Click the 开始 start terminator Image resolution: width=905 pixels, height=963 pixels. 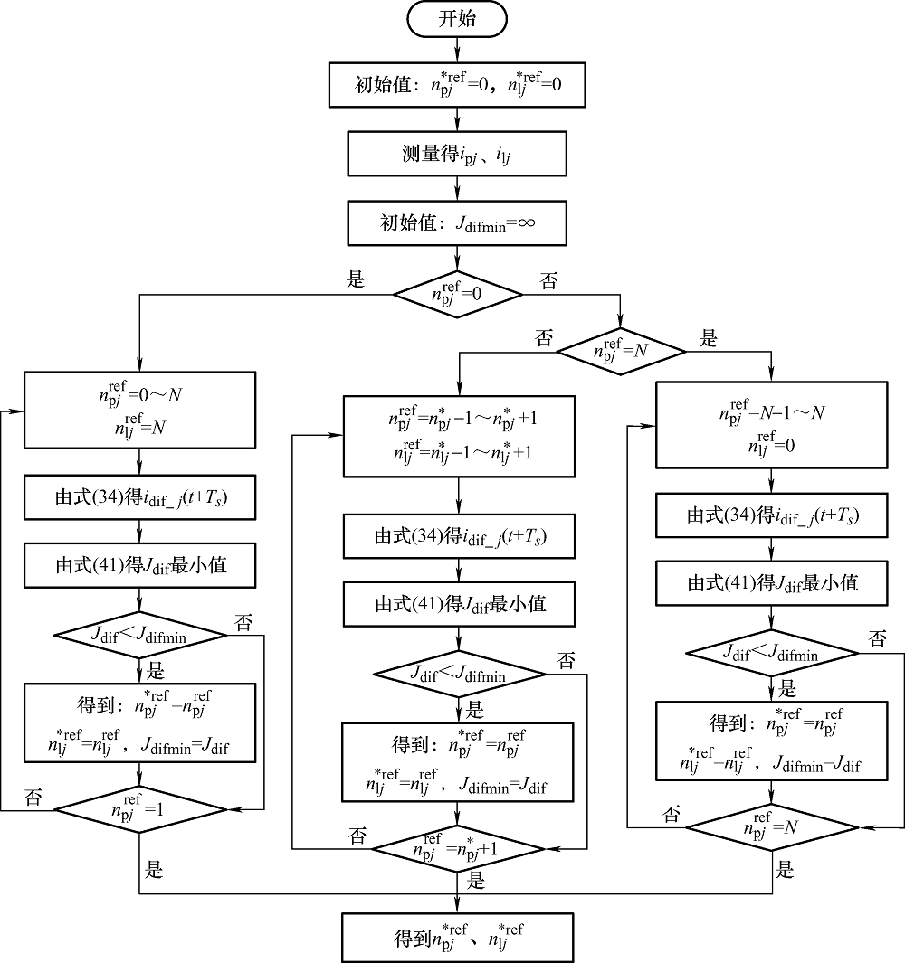(x=457, y=20)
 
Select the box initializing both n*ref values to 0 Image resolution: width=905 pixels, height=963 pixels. (x=457, y=86)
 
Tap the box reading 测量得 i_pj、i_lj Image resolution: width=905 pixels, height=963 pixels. (x=457, y=154)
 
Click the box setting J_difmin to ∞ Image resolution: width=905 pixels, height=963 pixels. (x=457, y=222)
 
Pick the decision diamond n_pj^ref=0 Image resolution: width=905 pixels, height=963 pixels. (x=457, y=294)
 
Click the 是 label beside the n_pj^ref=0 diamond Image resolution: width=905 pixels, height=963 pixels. (x=356, y=279)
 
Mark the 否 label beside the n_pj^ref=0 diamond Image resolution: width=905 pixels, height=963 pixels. (x=549, y=280)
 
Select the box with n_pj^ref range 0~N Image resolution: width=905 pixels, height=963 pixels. (x=139, y=411)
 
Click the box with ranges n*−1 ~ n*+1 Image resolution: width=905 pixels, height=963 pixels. (x=459, y=436)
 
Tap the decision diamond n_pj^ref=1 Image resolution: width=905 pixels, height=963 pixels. (x=139, y=810)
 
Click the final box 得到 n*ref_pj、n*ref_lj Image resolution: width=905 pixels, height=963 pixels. (x=457, y=937)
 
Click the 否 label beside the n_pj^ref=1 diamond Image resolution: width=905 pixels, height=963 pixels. (x=33, y=797)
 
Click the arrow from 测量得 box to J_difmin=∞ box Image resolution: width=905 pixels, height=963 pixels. (x=457, y=187)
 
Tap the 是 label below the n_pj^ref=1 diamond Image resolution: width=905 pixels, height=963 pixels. (x=155, y=870)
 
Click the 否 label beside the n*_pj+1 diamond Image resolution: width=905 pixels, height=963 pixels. (x=357, y=836)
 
